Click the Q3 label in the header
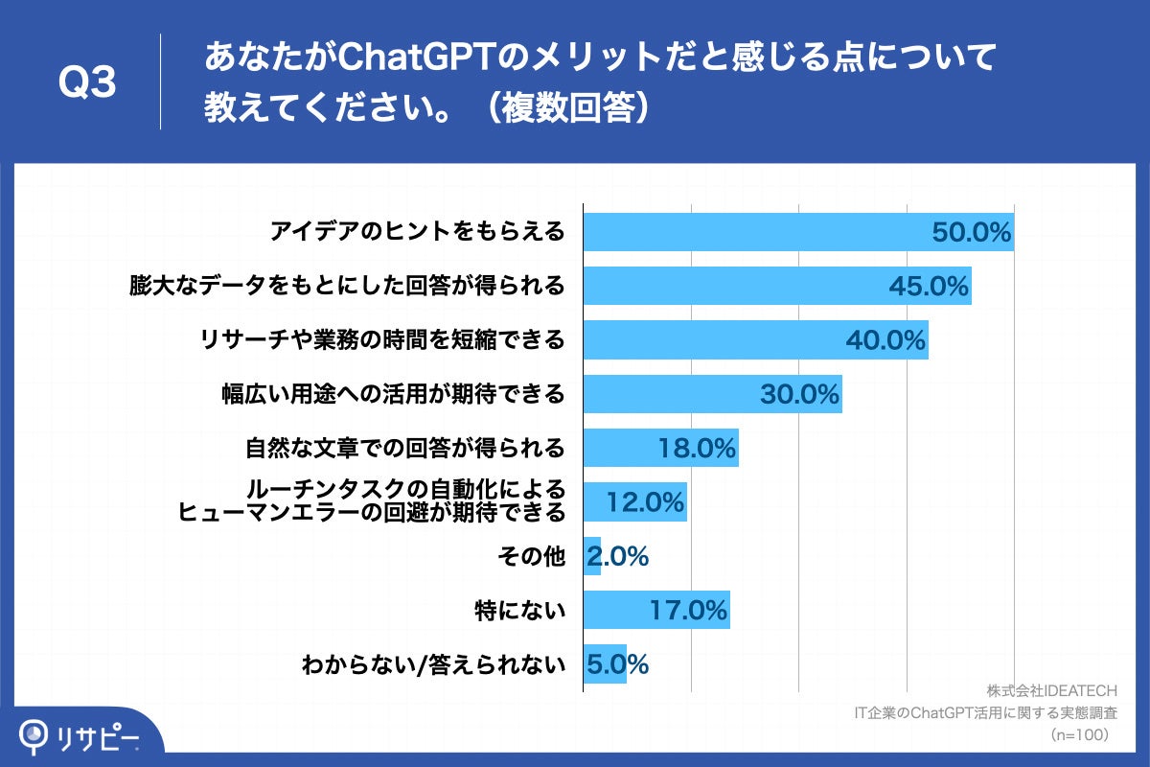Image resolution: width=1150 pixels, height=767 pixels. (87, 84)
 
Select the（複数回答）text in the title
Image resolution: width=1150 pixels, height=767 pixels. (566, 107)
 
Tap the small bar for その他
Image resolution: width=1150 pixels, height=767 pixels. (591, 556)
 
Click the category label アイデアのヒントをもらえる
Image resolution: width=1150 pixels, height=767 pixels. (417, 232)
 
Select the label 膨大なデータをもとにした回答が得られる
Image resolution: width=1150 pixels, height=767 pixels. (347, 286)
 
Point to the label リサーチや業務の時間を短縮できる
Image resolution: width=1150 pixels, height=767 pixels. (381, 339)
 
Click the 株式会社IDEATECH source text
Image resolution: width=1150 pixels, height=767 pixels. (1051, 691)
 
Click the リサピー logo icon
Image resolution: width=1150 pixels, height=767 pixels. (35, 735)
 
